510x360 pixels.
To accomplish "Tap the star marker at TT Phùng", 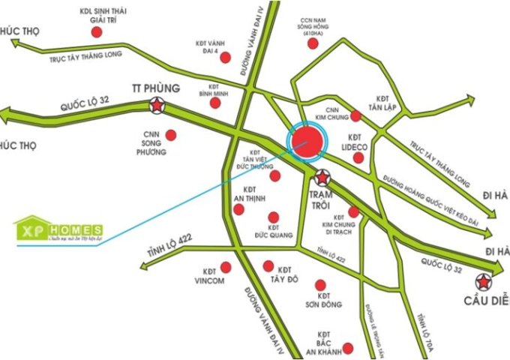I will [x=157, y=106].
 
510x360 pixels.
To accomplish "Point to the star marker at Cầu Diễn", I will [x=481, y=282].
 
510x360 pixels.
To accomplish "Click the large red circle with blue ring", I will [x=306, y=142].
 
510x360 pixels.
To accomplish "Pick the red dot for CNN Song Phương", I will [x=171, y=136].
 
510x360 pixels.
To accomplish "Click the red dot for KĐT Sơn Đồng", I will [x=321, y=286].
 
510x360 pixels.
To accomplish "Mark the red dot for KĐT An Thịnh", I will [x=238, y=208].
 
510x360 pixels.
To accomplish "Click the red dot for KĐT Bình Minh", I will [x=217, y=103].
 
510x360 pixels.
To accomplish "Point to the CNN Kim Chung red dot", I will [x=356, y=115].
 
